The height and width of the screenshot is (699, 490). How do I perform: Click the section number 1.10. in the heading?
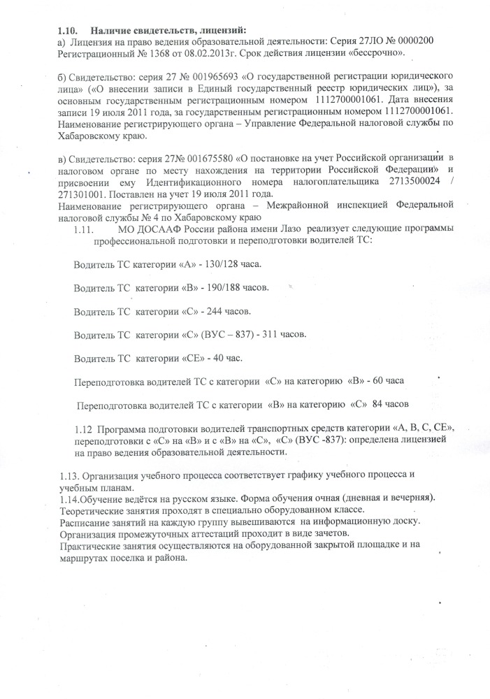(66, 30)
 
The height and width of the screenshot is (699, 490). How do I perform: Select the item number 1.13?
(69, 475)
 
